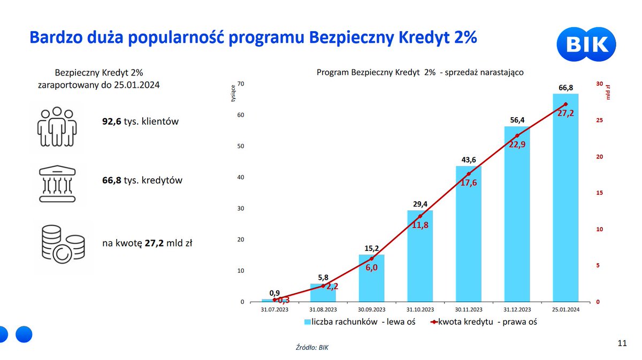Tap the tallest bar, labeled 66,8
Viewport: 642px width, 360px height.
coord(565,198)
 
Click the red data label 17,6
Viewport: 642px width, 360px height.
coord(468,183)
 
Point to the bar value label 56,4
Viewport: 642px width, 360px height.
coord(517,120)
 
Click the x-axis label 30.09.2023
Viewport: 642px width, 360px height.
coord(371,309)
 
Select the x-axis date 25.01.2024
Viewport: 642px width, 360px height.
coord(565,309)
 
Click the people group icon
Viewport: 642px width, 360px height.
coord(57,128)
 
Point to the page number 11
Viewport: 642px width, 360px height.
coord(622,343)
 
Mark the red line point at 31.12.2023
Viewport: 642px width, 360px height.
coord(517,135)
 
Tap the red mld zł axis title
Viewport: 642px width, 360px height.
coord(608,92)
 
